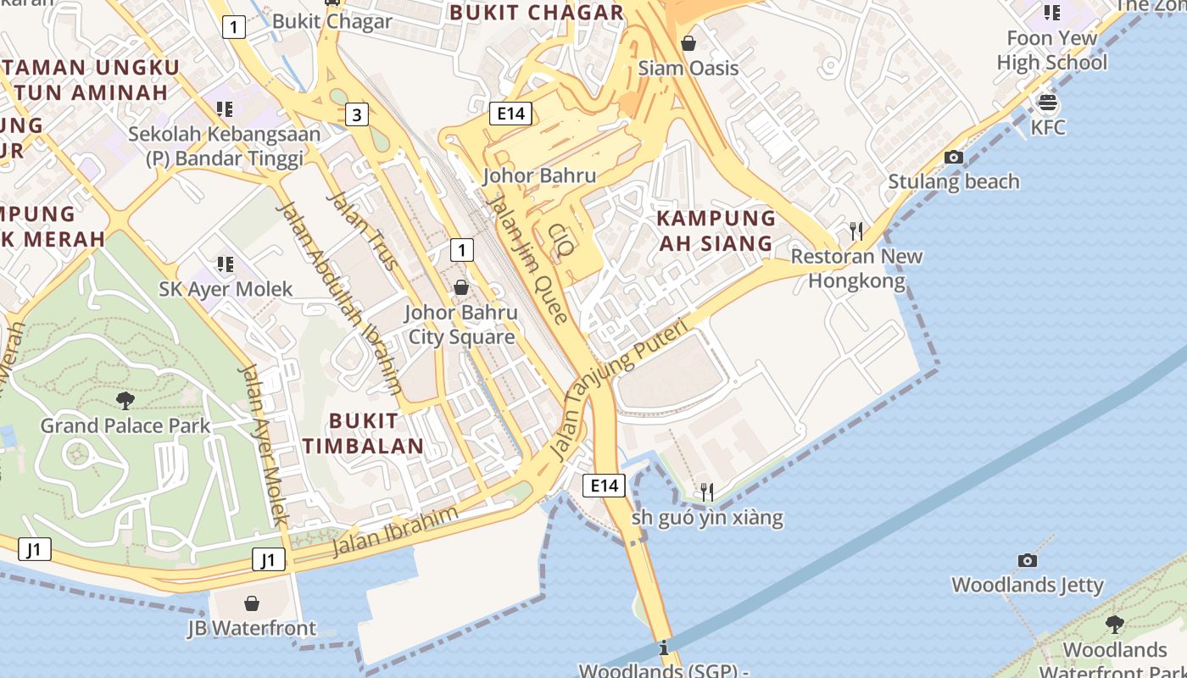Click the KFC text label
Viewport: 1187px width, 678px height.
[x=1048, y=128]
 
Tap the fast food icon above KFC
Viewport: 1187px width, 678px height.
[x=1048, y=103]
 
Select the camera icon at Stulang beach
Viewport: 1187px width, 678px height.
[x=954, y=158]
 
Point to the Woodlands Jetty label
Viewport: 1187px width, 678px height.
[x=1028, y=585]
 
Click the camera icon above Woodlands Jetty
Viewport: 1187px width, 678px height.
[x=1028, y=560]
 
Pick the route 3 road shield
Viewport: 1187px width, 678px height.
[x=357, y=114]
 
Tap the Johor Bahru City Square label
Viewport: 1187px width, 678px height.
[x=461, y=325]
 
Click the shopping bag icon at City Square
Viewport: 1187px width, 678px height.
[x=461, y=287]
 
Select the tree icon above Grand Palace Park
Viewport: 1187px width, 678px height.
[x=125, y=400]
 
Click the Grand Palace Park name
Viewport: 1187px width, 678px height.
[x=125, y=425]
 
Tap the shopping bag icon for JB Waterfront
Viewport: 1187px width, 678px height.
[x=252, y=603]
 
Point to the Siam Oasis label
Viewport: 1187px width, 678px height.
[x=688, y=68]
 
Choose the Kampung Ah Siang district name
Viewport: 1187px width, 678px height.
[x=716, y=231]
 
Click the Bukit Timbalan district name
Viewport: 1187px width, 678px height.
[x=364, y=433]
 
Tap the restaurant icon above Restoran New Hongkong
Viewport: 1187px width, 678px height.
[x=856, y=231]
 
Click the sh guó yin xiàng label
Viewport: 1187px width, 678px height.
[x=707, y=517]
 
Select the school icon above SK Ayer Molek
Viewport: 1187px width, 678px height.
[x=225, y=264]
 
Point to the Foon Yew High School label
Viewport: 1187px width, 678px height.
[x=1051, y=50]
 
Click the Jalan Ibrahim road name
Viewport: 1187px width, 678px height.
[x=394, y=531]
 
